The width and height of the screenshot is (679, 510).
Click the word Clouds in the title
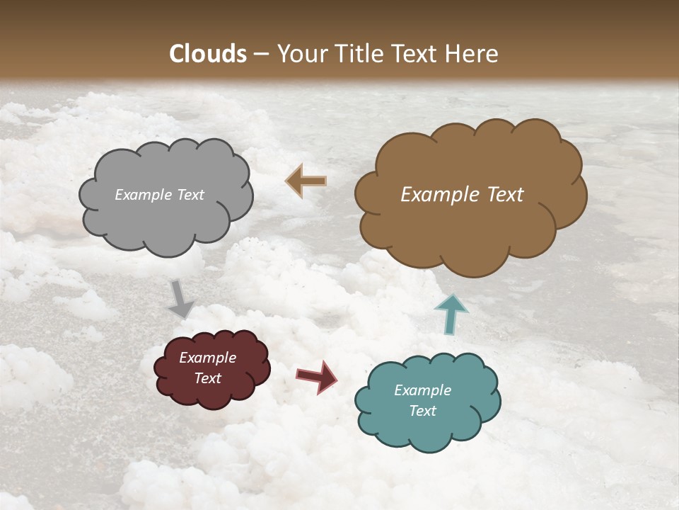208,54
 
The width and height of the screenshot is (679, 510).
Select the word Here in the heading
472,54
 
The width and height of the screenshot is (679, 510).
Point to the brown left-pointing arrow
306,181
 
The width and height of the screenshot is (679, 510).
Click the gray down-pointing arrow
181,298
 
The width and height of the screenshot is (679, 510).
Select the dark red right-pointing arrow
316,376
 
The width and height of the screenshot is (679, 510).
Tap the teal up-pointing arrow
451,313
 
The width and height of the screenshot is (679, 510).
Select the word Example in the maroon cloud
207,358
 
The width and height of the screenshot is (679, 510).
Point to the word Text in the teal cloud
422,411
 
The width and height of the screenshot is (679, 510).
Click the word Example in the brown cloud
436,195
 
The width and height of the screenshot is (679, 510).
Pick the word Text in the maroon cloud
207,378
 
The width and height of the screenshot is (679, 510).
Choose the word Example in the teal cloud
422,390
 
